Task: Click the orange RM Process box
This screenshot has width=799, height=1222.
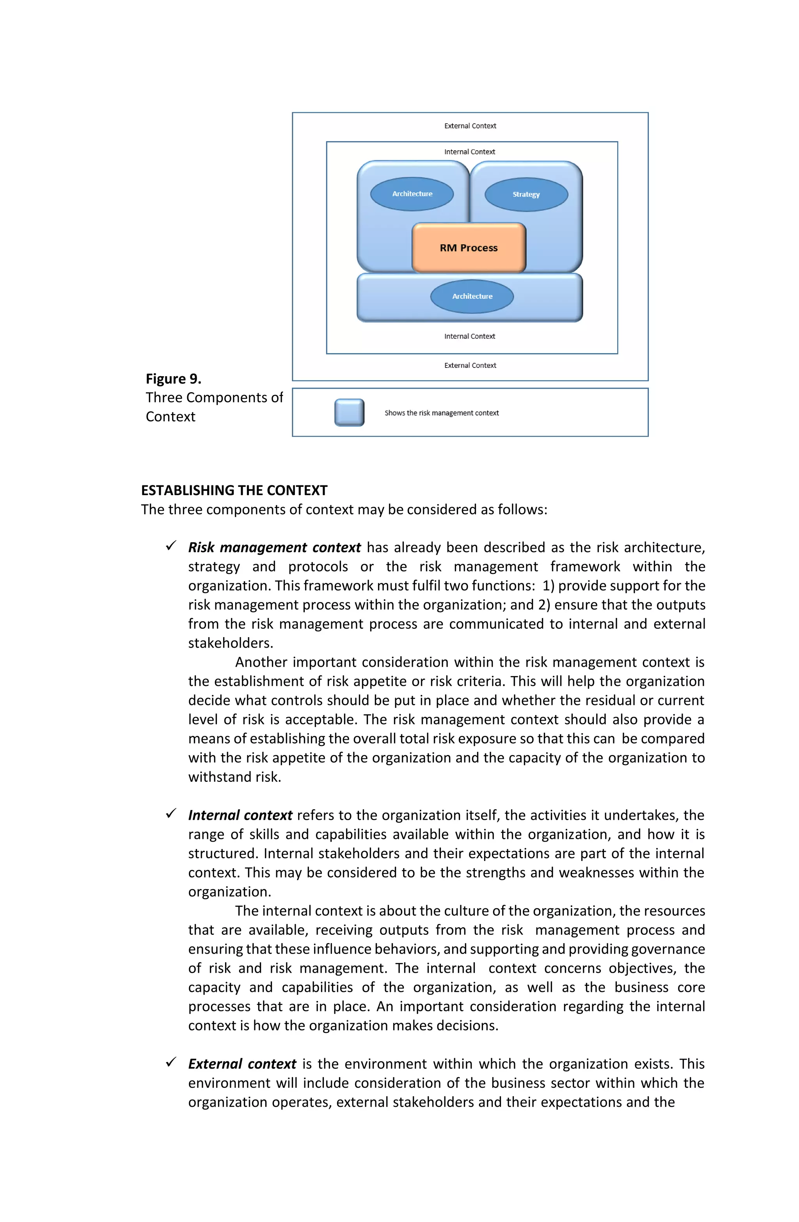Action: click(x=468, y=247)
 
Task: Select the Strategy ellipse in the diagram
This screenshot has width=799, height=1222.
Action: click(x=526, y=194)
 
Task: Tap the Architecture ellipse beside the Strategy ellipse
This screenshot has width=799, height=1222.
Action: click(x=412, y=194)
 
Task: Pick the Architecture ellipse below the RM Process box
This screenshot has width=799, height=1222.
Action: click(x=471, y=296)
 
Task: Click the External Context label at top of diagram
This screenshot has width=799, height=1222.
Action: click(x=470, y=126)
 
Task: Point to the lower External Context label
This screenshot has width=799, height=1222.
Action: click(x=470, y=366)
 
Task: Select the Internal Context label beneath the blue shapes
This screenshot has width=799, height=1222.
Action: click(x=469, y=336)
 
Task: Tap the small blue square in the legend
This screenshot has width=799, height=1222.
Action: click(x=349, y=412)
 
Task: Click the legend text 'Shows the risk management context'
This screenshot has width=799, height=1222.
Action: click(x=441, y=413)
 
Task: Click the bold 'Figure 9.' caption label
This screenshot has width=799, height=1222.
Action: click(x=173, y=379)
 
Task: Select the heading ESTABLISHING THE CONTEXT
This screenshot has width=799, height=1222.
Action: click(x=234, y=490)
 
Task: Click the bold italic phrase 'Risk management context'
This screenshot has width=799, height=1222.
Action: click(x=274, y=547)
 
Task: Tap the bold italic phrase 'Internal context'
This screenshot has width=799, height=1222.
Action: click(x=240, y=815)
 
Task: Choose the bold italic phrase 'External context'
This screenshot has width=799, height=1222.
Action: click(x=242, y=1064)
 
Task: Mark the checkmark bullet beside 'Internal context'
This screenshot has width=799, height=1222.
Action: click(x=171, y=814)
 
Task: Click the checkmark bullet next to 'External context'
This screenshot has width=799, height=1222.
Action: click(x=171, y=1062)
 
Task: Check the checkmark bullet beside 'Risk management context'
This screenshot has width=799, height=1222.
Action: click(x=171, y=546)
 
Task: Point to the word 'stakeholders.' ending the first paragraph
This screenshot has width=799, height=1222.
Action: click(x=230, y=643)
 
